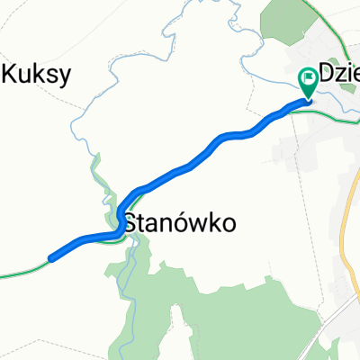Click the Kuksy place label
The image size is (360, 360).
click(37, 76)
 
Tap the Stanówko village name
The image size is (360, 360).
click(183, 222)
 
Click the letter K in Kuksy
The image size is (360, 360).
click(11, 76)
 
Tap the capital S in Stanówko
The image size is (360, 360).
click(130, 222)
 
